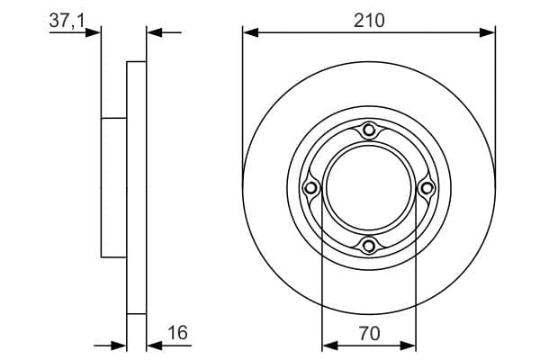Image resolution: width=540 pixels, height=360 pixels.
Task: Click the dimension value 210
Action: [369, 21]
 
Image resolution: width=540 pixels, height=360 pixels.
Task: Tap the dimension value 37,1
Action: [67, 21]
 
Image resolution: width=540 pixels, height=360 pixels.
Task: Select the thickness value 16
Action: [177, 332]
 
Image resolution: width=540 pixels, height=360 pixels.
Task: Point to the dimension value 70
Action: [369, 334]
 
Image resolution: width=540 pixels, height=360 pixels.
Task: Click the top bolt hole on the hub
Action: [369, 130]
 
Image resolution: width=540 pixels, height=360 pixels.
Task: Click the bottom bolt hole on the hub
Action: [369, 246]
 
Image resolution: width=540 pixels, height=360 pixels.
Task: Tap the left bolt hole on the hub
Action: [311, 188]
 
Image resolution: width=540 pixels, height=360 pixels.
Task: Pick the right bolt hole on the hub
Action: [427, 188]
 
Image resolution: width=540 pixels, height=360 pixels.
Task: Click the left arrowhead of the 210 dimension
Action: [250, 32]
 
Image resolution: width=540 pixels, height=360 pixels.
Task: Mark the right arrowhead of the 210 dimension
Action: [487, 32]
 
